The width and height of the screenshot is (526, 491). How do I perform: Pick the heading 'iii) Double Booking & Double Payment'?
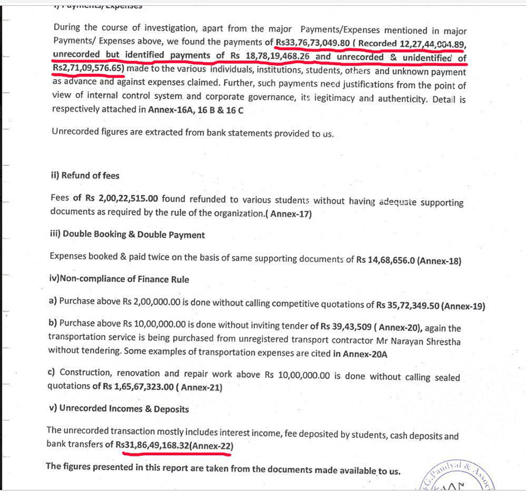tap(128, 235)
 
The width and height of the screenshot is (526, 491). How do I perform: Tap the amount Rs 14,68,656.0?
tap(385, 260)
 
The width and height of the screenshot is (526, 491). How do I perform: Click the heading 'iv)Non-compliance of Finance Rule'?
tap(119, 279)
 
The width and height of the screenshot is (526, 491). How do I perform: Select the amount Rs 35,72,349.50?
tap(407, 305)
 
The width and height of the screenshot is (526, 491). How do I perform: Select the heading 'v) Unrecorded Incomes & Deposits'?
tap(118, 408)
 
